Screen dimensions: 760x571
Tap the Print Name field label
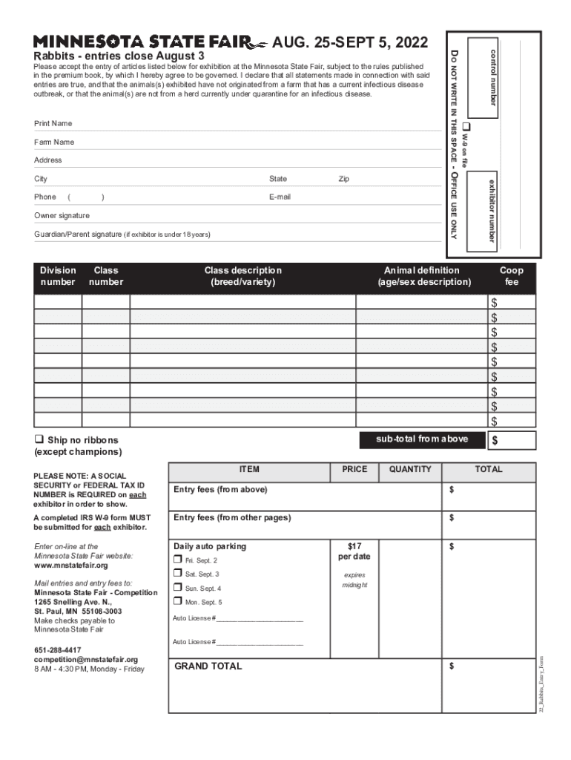(x=53, y=123)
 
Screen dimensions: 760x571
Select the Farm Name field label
(x=54, y=142)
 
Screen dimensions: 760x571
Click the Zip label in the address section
(x=343, y=179)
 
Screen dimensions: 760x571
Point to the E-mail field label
(x=280, y=197)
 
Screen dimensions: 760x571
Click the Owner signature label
(x=62, y=215)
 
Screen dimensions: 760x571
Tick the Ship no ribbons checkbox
(x=39, y=440)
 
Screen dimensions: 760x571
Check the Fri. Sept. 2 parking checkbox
(x=177, y=560)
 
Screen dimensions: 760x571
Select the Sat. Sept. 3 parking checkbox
(x=177, y=574)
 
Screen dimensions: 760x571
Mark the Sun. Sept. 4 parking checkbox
(x=177, y=588)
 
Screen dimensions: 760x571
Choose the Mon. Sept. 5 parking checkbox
(x=177, y=602)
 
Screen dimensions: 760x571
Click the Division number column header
(x=58, y=276)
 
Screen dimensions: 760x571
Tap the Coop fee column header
(x=512, y=276)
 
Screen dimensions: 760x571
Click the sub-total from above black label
(x=422, y=439)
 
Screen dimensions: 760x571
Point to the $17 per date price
(x=354, y=551)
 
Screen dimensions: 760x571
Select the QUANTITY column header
(x=410, y=469)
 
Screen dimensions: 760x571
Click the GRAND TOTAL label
(x=208, y=666)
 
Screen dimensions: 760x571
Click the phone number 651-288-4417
(x=58, y=650)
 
